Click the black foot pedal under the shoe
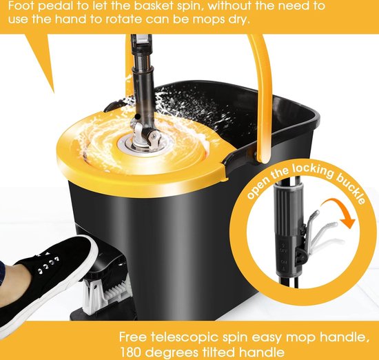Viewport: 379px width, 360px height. (106, 263)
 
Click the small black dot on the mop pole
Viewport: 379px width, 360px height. (138, 117)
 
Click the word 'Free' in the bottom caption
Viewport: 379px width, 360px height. (133, 337)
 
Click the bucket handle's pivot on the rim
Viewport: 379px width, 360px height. (257, 153)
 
